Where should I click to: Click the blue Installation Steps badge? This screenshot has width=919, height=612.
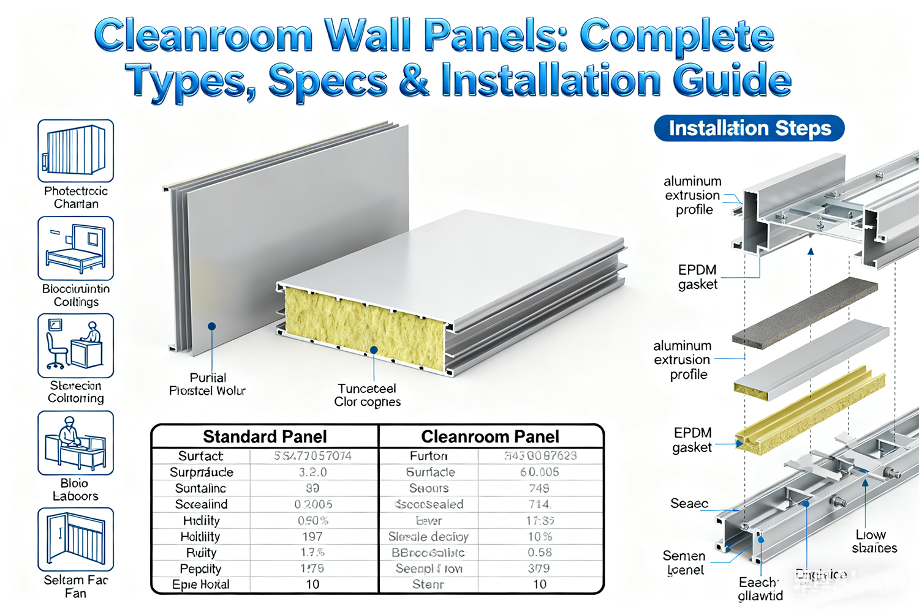(x=749, y=129)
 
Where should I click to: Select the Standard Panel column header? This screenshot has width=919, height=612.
(x=265, y=436)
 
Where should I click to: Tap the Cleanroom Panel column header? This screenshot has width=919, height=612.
(x=490, y=436)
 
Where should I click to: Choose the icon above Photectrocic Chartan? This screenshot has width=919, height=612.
(x=75, y=151)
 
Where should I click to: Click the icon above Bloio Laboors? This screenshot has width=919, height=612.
(x=75, y=442)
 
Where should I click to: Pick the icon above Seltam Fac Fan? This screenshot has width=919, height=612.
(x=75, y=539)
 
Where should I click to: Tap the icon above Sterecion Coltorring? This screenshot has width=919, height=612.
(x=75, y=345)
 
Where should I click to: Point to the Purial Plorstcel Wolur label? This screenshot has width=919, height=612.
(x=207, y=384)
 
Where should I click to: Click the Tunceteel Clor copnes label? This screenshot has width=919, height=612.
(x=367, y=395)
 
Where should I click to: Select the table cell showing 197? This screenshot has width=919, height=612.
(x=312, y=537)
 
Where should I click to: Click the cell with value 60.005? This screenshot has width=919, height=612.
(x=540, y=472)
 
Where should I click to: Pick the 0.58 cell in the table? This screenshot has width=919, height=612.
(x=540, y=553)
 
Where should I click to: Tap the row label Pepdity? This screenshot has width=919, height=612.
(x=200, y=569)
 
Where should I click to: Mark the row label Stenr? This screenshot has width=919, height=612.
(x=428, y=584)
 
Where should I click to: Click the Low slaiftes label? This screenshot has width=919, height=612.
(x=874, y=542)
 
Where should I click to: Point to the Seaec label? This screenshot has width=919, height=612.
(x=689, y=504)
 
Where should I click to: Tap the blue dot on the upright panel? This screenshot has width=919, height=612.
(x=211, y=326)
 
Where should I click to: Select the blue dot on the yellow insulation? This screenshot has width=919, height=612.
(x=374, y=350)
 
